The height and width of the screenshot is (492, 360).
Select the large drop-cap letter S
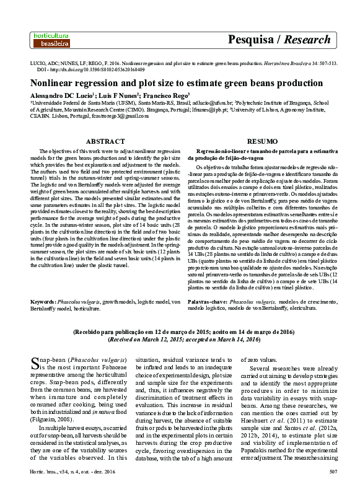tap(36, 362)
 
